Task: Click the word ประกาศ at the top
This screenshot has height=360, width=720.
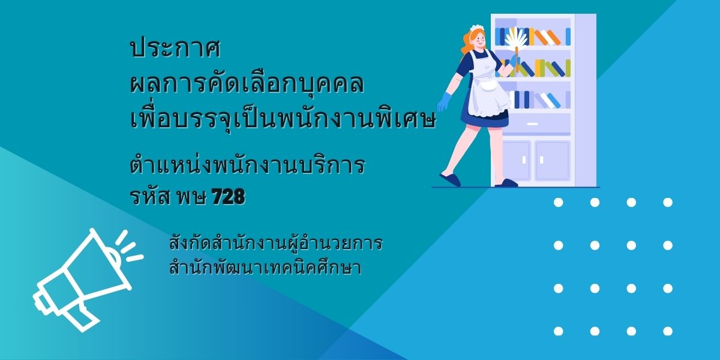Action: click(x=175, y=49)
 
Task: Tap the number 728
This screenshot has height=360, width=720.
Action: click(x=229, y=196)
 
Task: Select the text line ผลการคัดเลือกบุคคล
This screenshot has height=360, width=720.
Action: click(x=247, y=83)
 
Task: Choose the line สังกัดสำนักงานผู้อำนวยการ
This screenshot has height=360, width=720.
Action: click(x=276, y=244)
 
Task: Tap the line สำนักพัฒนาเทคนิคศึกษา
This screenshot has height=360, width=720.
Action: click(x=265, y=268)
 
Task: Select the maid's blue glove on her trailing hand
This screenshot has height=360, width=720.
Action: click(x=445, y=102)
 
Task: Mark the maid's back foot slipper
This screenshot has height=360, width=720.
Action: click(x=450, y=180)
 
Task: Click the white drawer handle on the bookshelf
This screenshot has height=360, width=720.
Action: click(x=533, y=124)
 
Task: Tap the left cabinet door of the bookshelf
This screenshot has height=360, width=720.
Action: click(x=516, y=160)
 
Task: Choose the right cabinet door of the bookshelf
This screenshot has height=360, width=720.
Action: click(x=553, y=160)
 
